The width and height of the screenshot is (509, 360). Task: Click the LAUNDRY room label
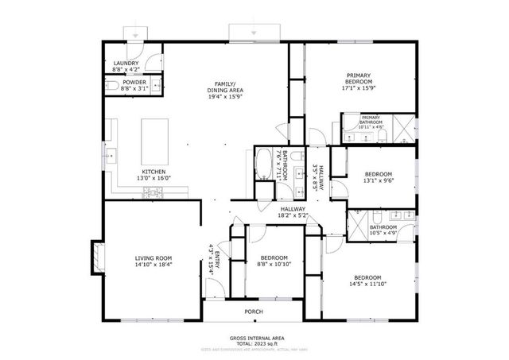pyautogui.click(x=126, y=64)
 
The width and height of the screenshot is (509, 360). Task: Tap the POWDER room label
pyautogui.click(x=134, y=83)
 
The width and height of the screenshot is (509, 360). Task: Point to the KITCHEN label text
pyautogui.click(x=153, y=172)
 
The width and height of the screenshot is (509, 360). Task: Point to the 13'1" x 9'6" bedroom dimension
pyautogui.click(x=378, y=180)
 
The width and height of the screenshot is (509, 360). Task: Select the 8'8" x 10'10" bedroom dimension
pyautogui.click(x=274, y=265)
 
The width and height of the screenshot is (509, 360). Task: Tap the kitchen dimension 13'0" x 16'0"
pyautogui.click(x=153, y=179)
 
